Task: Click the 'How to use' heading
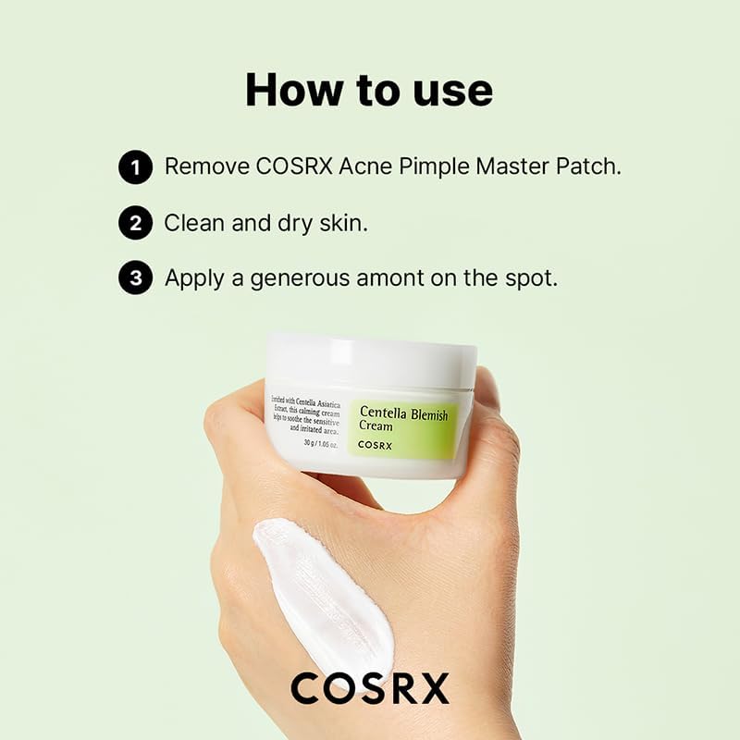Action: (x=369, y=91)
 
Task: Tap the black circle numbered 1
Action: (x=135, y=167)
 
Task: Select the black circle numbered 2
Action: (x=135, y=223)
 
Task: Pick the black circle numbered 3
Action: (x=135, y=277)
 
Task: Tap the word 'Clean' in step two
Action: (x=193, y=223)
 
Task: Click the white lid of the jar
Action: (x=371, y=357)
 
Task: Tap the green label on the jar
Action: (x=404, y=426)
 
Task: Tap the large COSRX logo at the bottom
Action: (x=369, y=688)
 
